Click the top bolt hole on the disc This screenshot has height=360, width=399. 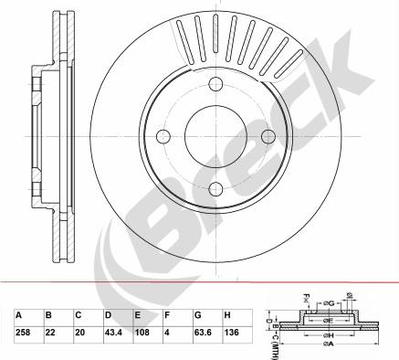click(x=217, y=85)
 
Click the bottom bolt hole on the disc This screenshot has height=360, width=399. click(x=217, y=189)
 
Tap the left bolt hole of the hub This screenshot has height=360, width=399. click(x=165, y=137)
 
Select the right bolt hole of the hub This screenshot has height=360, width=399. click(x=269, y=137)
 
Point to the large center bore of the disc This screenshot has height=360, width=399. click(x=217, y=137)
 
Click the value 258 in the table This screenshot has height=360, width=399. click(x=24, y=333)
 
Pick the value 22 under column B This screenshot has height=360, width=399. click(x=50, y=333)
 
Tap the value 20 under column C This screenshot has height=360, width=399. click(x=80, y=333)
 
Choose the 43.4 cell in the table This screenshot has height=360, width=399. click(x=113, y=333)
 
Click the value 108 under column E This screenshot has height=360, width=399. click(x=142, y=333)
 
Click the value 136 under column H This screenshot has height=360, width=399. click(x=232, y=333)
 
